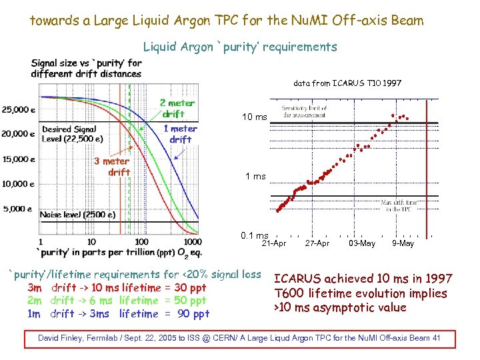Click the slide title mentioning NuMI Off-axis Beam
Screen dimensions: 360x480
click(x=227, y=21)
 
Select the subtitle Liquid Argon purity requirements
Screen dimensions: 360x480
click(x=240, y=47)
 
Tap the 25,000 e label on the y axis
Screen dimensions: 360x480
click(x=19, y=109)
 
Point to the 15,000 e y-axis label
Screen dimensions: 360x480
click(x=19, y=159)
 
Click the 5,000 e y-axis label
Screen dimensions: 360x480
click(x=17, y=209)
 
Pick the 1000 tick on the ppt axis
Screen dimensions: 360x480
click(x=192, y=241)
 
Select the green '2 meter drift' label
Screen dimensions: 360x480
click(x=177, y=108)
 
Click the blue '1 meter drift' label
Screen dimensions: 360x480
click(x=180, y=134)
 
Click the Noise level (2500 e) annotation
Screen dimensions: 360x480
click(x=77, y=215)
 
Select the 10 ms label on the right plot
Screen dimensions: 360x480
click(x=254, y=117)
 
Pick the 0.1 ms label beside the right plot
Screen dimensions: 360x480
click(x=255, y=235)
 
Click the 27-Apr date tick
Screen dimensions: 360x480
click(x=317, y=243)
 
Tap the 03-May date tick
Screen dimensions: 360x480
click(x=362, y=243)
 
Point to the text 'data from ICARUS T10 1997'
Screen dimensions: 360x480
click(x=347, y=83)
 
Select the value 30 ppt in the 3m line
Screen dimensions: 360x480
click(x=190, y=288)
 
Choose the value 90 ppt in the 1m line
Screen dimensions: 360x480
click(x=193, y=314)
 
